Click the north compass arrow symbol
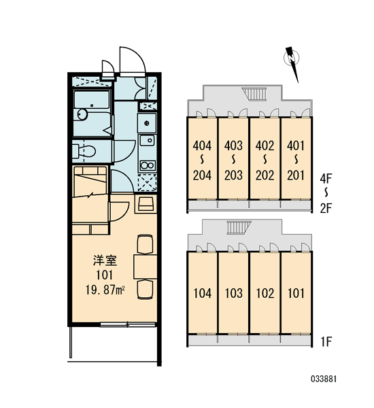[x=292, y=63]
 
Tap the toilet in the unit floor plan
[x=84, y=151]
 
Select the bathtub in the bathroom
[x=92, y=100]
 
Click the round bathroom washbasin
[x=82, y=115]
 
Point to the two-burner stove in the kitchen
[x=148, y=165]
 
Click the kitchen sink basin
[x=148, y=141]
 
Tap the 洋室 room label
[x=105, y=260]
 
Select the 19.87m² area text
[x=105, y=290]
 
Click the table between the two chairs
[x=146, y=267]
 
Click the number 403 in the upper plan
[x=233, y=146]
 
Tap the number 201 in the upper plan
[x=296, y=175]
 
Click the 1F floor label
[x=326, y=341]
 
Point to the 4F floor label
[x=326, y=179]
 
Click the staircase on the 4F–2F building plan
[x=254, y=94]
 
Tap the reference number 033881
[x=324, y=379]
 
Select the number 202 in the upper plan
[x=265, y=175]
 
